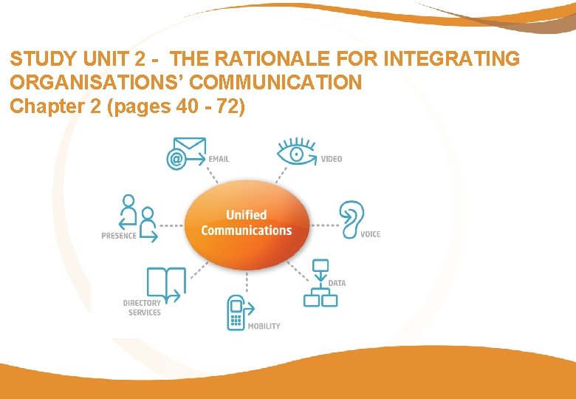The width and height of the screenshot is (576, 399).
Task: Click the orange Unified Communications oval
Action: click(246, 223)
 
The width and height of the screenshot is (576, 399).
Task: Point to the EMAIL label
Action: click(219, 159)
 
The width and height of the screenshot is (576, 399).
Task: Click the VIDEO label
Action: click(332, 159)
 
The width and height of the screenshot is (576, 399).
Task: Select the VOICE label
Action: click(371, 234)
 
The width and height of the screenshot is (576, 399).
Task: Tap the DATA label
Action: click(337, 283)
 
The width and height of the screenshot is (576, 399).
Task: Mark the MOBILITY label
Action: click(264, 326)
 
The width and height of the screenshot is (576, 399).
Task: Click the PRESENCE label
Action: click(119, 236)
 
